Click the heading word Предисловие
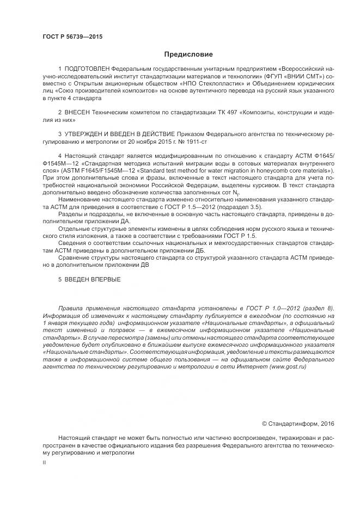[x=189, y=54]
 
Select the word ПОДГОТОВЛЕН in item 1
[x=87, y=71]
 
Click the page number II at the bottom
[x=44, y=462]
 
